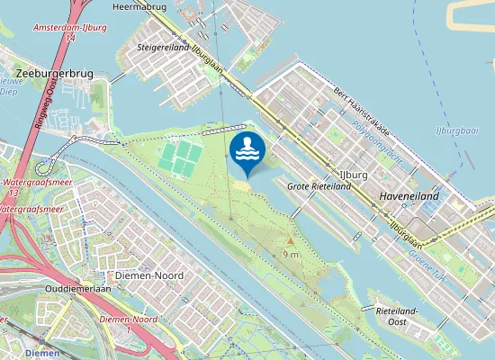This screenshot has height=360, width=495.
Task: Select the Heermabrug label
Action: tap(135, 6)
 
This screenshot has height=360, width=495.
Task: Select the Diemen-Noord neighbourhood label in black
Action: tap(150, 274)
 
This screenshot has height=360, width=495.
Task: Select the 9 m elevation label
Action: tap(291, 255)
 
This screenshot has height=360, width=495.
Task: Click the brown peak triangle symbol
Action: tap(290, 241)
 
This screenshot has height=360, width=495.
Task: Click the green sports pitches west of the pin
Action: tap(181, 157)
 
